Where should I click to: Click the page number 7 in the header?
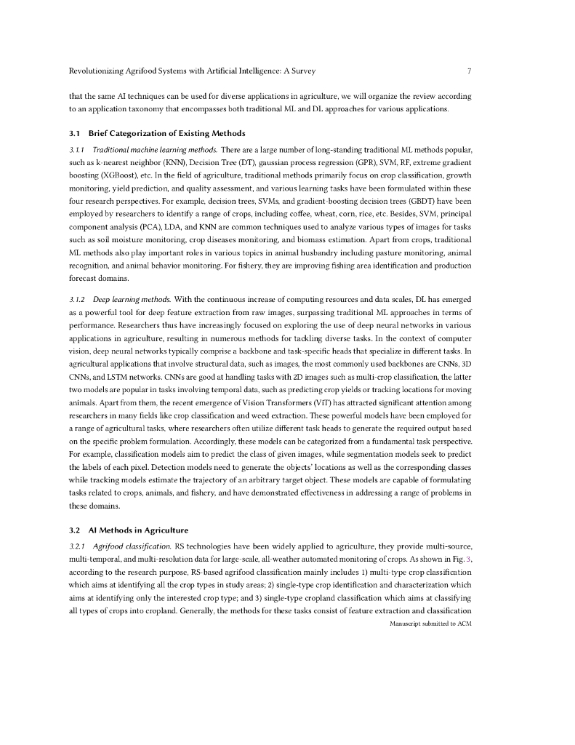[470, 71]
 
